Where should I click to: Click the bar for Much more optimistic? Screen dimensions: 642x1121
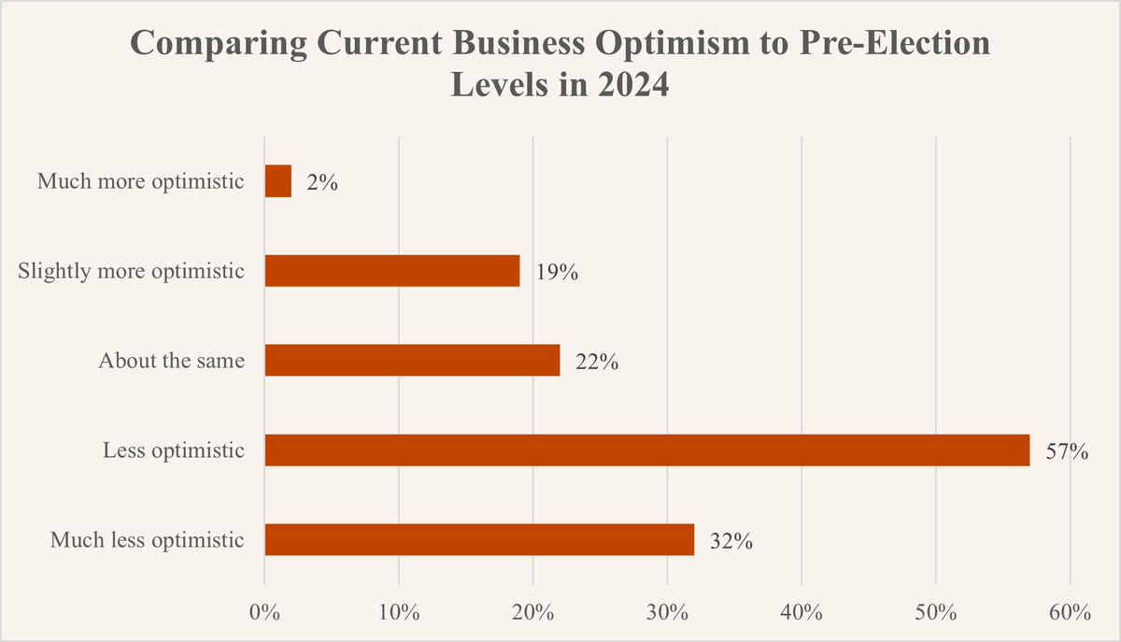click(278, 181)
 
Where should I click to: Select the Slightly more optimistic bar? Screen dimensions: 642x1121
click(392, 271)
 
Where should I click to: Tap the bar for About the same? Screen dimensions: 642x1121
click(412, 361)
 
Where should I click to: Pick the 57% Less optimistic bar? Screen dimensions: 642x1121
click(646, 450)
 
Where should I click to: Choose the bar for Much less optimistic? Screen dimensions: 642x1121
click(479, 540)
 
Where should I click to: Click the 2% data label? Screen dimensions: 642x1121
click(322, 182)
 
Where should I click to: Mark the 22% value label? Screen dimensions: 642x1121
click(597, 362)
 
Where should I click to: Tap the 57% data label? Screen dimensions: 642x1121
click(1067, 451)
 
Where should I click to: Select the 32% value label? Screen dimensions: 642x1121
click(731, 541)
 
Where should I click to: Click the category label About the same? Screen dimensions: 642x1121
click(171, 361)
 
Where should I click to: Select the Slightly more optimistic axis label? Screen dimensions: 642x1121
click(132, 271)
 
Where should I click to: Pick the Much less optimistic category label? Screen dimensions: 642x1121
click(148, 540)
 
